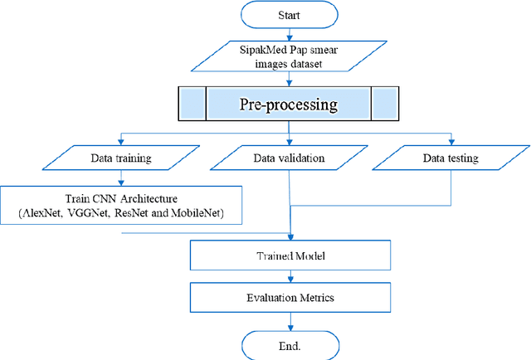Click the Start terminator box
click(x=289, y=15)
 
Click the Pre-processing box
click(x=288, y=105)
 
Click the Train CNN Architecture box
click(x=123, y=204)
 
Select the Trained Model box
click(x=289, y=255)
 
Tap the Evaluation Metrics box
click(x=289, y=297)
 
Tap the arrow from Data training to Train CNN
click(x=123, y=177)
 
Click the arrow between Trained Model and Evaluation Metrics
click(x=289, y=276)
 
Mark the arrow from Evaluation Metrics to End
click(x=289, y=319)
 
